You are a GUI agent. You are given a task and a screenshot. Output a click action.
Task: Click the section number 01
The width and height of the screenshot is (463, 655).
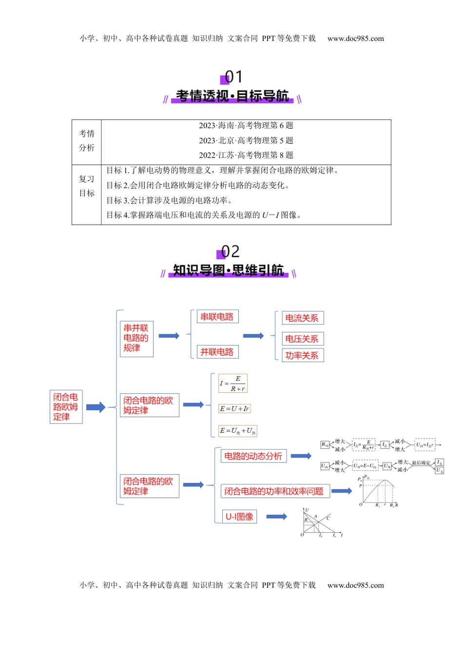coord(232,77)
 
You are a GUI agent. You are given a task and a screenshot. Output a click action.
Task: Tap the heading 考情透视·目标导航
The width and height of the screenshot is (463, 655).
coord(232,96)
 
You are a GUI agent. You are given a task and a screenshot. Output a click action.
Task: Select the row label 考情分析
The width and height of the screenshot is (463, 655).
coord(87,141)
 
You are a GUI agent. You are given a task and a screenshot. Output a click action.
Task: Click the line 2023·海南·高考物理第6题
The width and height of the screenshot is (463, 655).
coord(246,126)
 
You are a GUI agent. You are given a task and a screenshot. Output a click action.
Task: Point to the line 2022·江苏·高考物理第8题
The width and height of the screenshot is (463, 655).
coord(246,155)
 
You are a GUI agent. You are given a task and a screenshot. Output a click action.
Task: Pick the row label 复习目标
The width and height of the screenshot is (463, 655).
coord(87,186)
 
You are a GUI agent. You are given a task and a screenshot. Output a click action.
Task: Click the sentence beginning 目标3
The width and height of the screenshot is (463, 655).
coord(169,200)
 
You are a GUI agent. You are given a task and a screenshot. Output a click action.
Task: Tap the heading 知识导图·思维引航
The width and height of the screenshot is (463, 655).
coord(228,270)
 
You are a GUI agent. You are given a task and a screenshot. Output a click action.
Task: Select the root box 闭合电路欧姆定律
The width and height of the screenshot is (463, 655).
coord(66,407)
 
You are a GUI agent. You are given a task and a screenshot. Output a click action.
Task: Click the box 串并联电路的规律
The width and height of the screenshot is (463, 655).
coord(136,338)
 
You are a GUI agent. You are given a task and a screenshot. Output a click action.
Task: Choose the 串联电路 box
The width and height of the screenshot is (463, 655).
coord(217,317)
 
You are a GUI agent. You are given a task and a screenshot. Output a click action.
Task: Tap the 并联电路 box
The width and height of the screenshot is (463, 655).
coord(217,352)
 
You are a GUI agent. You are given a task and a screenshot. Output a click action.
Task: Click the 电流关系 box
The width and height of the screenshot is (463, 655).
coord(302,318)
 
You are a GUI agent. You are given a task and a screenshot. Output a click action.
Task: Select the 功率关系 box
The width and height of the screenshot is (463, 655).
coord(302,356)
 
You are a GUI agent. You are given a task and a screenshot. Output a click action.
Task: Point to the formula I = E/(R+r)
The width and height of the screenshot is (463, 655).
coord(233,384)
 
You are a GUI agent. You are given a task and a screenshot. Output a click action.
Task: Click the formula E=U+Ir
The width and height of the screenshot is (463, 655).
coord(234,409)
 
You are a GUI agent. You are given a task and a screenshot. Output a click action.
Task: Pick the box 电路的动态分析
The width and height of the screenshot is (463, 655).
coord(253,456)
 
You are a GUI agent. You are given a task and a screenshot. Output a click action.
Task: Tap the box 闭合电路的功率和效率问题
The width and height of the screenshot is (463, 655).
coord(274,491)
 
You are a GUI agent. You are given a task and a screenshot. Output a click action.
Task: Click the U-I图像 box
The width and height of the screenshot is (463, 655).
coord(239,517)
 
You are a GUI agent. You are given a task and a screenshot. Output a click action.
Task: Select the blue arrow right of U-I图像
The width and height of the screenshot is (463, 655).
coord(276,517)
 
